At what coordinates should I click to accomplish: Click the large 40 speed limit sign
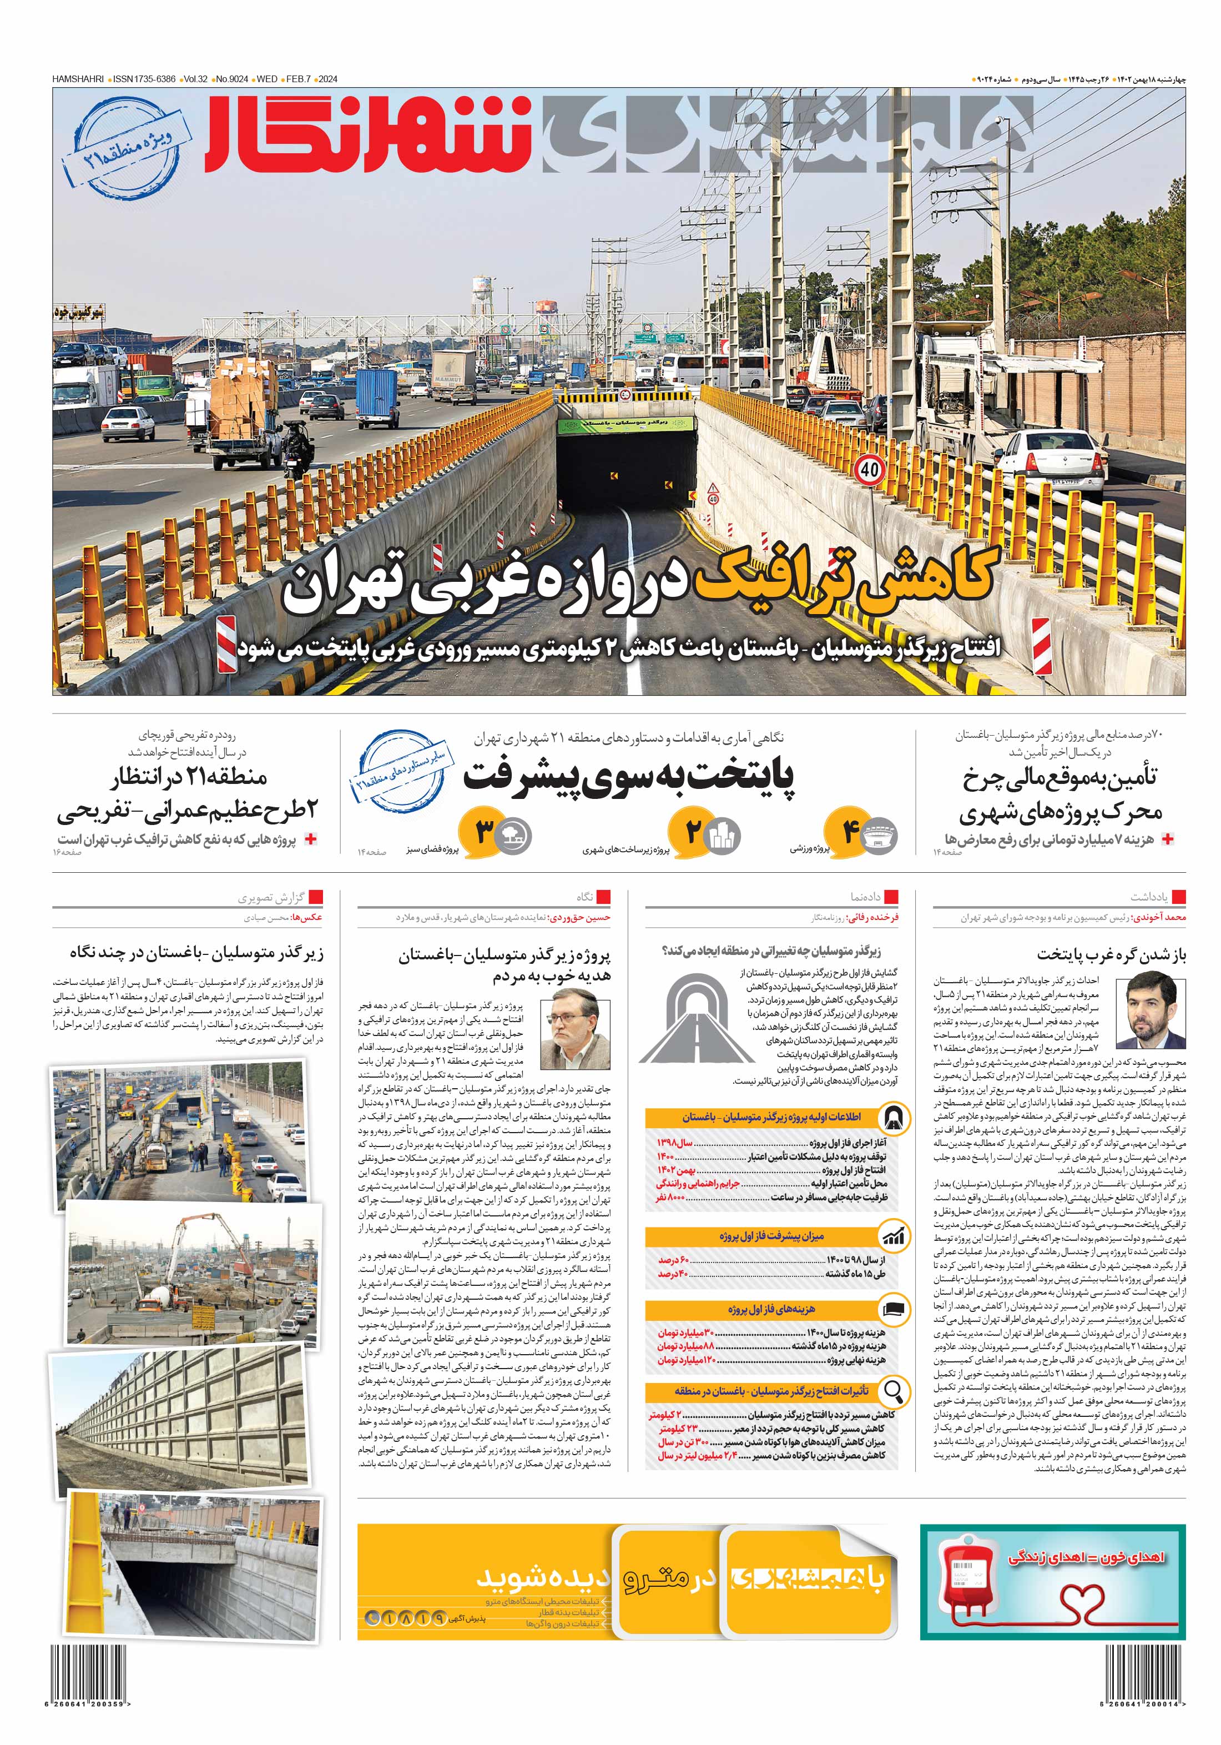[x=869, y=469]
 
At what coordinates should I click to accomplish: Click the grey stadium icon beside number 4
[x=880, y=835]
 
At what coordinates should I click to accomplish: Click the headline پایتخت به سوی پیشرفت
[x=629, y=777]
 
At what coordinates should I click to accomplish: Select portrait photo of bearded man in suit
[x=1149, y=1012]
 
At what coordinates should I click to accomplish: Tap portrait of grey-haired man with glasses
[x=580, y=1034]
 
